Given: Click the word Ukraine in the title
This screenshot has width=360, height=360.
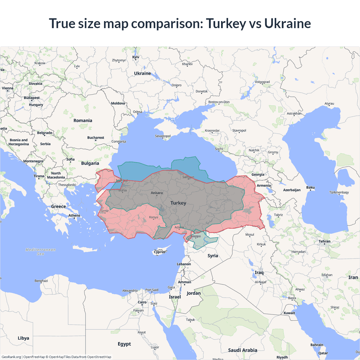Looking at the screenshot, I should click(x=287, y=23).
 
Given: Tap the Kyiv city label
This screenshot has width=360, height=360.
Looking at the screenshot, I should click(x=136, y=57).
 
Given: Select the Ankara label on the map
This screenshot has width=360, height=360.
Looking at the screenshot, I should click(x=157, y=193).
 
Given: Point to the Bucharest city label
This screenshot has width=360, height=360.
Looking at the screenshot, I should click(x=96, y=138).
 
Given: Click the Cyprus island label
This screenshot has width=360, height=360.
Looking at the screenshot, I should click(x=159, y=252).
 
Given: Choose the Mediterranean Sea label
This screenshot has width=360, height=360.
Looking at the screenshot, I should click(x=40, y=251).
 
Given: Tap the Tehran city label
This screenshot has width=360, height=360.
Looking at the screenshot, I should click(x=324, y=241).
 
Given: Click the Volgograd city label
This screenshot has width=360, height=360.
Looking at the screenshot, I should click(x=262, y=82).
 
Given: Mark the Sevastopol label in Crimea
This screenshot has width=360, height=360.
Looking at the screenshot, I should click(x=163, y=136).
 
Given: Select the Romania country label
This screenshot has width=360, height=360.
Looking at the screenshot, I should click(x=83, y=120).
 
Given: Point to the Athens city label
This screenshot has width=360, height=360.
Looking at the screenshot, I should click(x=74, y=215).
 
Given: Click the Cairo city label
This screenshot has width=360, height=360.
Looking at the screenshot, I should click(x=142, y=302).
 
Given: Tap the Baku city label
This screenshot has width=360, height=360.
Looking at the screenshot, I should click(x=310, y=187).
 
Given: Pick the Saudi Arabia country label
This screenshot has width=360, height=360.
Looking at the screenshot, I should click(x=242, y=350).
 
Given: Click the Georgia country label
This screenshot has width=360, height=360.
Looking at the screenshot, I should click(x=258, y=174).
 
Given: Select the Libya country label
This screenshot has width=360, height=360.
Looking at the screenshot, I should click(x=23, y=338).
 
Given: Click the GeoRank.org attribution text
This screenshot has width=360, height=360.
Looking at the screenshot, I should click(x=11, y=357).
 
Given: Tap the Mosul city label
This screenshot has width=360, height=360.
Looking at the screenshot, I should click(x=249, y=235).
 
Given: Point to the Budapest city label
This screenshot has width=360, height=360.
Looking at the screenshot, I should click(x=31, y=98).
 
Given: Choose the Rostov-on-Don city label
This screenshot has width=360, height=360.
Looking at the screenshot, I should click(x=219, y=102).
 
